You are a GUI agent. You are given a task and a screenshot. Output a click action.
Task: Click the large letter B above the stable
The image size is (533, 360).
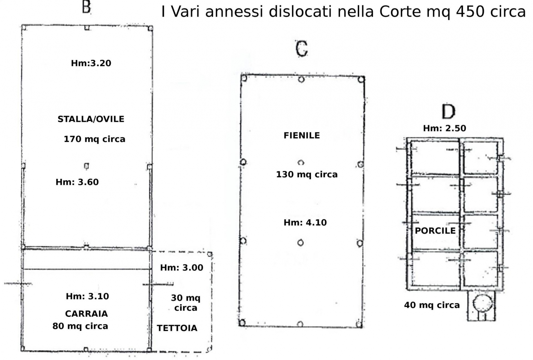pos(86,7)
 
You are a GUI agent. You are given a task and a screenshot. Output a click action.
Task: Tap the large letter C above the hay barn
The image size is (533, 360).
pos(302,49)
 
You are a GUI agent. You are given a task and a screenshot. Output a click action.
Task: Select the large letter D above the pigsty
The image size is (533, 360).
pos(448,111)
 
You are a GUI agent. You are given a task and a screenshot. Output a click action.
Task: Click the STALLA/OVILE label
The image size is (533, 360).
pos(91,119)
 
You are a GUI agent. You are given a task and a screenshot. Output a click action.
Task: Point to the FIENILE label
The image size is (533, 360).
pos(302,135)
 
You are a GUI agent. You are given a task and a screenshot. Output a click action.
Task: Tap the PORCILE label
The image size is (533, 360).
pos(435,231)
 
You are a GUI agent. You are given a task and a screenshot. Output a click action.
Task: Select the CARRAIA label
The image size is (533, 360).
pos(86,313)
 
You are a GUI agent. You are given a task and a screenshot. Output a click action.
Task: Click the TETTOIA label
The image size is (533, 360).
pos(177,328)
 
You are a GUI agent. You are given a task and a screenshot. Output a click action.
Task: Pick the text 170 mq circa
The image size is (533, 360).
pos(95,139)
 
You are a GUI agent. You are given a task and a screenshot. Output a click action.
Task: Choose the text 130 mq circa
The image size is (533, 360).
pos(307,174)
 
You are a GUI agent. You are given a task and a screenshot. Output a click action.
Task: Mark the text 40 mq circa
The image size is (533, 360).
pos(432,305)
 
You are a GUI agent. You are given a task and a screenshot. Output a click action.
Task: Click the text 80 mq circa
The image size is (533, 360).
pos(80,326)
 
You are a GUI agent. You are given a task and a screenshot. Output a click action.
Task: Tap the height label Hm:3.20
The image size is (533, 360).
pos(91,63)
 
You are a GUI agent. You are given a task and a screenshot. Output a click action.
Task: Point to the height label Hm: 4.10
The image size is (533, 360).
pos(305,222)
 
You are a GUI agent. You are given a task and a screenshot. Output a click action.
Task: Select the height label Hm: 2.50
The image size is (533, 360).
pos(445,128)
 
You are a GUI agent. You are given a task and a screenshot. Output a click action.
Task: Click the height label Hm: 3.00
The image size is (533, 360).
pos(182,268)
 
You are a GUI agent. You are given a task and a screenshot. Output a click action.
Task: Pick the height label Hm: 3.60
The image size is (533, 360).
pos(77,182)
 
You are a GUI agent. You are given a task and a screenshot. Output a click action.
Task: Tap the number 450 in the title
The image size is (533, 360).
pos(470,11)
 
